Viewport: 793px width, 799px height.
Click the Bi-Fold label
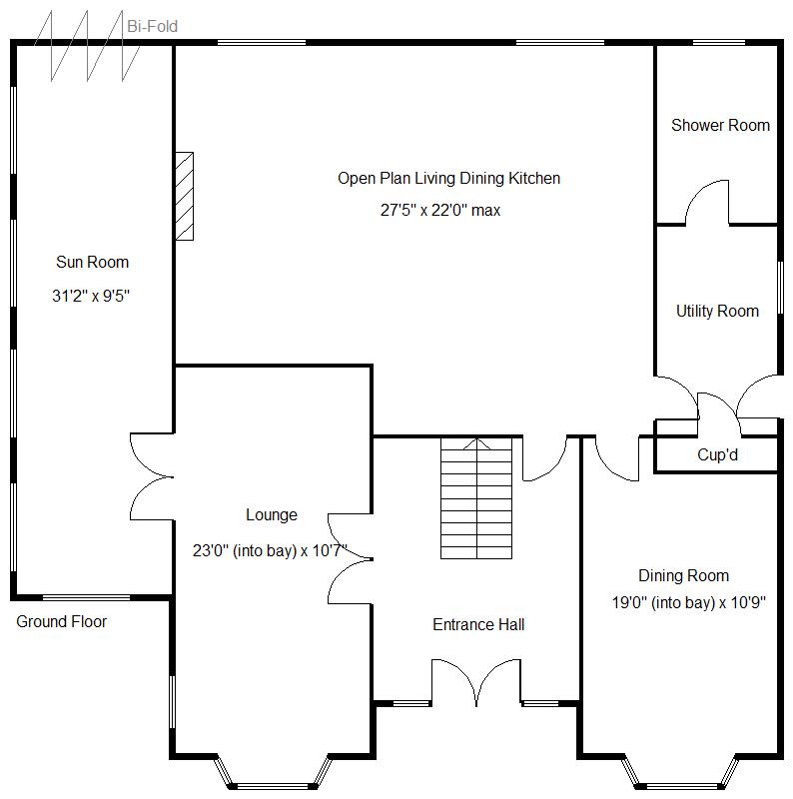152,26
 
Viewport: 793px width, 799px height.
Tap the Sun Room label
92,263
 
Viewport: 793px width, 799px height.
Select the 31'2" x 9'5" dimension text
92,296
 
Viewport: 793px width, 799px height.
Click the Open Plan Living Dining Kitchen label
448,179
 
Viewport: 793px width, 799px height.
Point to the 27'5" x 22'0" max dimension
439,211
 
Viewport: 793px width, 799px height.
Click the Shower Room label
720,126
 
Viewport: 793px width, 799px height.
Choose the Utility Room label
717,312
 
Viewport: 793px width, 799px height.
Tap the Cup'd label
718,455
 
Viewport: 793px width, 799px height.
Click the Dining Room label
684,576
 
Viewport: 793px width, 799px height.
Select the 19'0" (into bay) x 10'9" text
689,603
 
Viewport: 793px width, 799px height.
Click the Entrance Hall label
478,625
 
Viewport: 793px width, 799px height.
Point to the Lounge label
272,515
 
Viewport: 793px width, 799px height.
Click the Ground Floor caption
62,622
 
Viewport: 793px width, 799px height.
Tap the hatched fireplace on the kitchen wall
184,196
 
